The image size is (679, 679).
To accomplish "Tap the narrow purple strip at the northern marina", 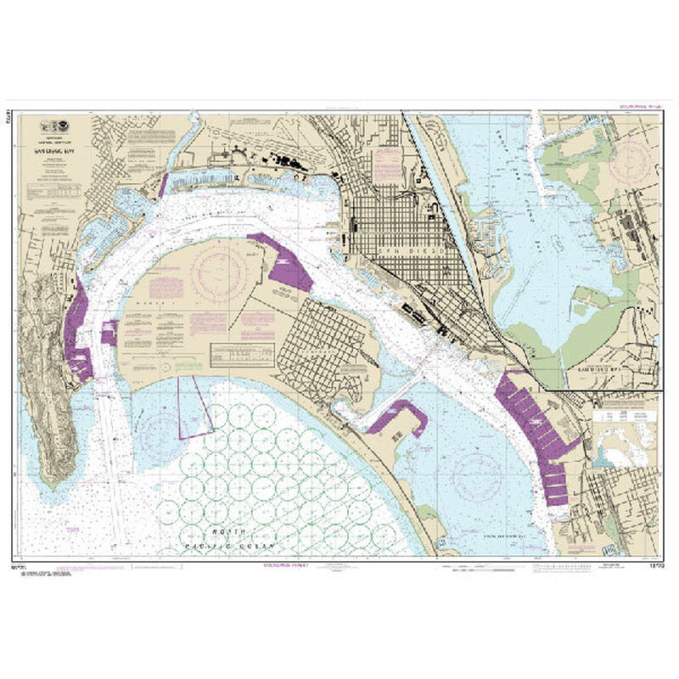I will click(x=162, y=186).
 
